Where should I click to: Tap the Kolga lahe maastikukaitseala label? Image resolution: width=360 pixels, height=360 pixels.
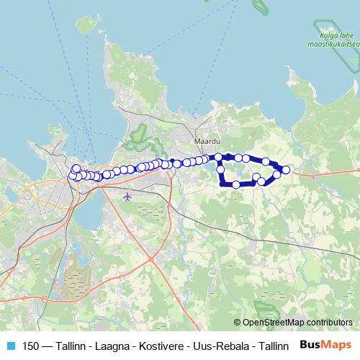point(337,41)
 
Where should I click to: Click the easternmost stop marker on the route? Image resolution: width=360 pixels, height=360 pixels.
point(286,170)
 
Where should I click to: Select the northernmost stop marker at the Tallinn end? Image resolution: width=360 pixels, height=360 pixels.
point(76,168)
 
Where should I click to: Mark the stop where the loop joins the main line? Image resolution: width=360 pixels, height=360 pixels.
point(218,156)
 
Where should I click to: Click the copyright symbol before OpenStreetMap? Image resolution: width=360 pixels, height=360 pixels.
point(238,323)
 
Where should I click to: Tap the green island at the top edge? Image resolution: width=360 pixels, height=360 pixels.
point(261,7)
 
